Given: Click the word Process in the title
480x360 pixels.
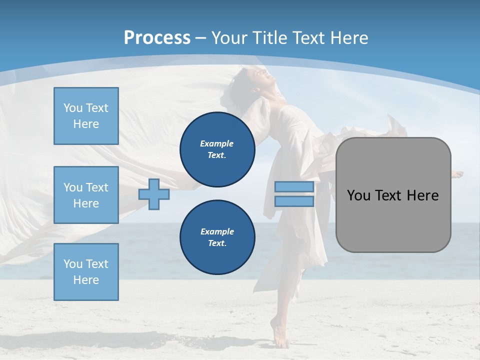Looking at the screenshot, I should click(157, 38).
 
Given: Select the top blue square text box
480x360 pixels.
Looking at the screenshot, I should click(86, 116).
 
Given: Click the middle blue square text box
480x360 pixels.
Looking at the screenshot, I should click(86, 195).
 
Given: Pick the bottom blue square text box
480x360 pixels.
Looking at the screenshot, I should click(86, 272).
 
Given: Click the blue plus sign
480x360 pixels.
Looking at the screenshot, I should click(154, 194).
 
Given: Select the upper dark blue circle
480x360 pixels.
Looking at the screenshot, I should click(217, 149).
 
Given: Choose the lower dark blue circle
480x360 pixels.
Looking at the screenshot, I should click(217, 237).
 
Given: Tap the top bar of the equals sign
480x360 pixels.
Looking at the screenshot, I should click(294, 187).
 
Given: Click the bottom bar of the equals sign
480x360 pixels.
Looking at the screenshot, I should click(294, 201).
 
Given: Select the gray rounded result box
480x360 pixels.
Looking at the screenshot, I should click(393, 194).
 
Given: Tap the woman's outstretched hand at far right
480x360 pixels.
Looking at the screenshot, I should click(457, 174).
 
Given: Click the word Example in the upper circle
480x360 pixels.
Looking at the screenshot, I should click(217, 143).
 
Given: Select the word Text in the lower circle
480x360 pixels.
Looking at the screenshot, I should click(216, 243).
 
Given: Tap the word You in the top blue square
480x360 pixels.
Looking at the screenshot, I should click(72, 108).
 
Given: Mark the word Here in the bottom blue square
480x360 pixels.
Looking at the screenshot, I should click(86, 280).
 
